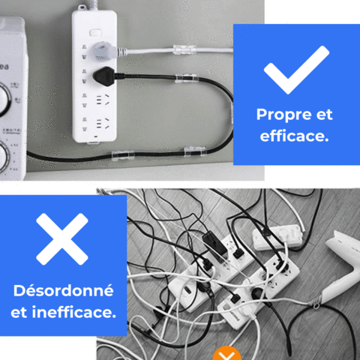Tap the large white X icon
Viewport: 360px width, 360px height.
[x=62, y=239]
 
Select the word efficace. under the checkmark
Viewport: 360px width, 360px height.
[x=294, y=136]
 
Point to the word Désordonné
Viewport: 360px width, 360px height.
[x=64, y=291]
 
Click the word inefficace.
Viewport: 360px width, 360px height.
[x=74, y=312]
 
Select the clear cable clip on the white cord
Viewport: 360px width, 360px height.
[x=184, y=49]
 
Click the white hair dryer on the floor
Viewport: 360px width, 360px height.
[x=343, y=270]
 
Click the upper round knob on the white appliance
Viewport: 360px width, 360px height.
[x=4, y=99]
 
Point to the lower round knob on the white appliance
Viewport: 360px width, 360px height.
[x=3, y=156]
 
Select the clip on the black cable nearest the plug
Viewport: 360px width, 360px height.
[x=187, y=79]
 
